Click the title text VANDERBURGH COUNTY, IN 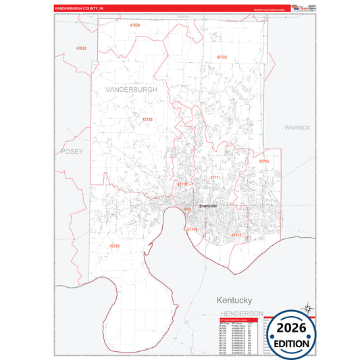pos(80,9)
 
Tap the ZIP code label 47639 pos(135,25)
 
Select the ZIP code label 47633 pos(81,49)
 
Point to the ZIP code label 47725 pos(222,57)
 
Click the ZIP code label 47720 pos(147,119)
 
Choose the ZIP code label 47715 pos(264,161)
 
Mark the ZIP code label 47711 pos(215,178)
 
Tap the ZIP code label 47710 pos(182,184)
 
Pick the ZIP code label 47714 pos(236,234)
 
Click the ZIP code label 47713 pos(192,230)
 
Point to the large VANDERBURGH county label pos(131,89)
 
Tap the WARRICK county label pos(297,127)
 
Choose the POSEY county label pos(72,151)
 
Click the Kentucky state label pos(234,299)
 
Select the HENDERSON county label pos(241,314)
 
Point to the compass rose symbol pos(307,309)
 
